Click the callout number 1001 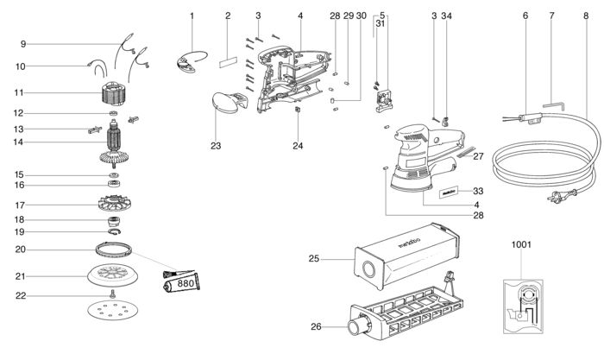point(521,244)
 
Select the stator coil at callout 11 point(113,93)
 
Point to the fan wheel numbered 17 point(115,203)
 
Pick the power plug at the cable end point(562,194)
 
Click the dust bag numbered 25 point(406,256)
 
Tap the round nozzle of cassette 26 point(358,326)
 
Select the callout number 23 point(216,146)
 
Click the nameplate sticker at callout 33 point(448,192)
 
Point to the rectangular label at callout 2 point(228,62)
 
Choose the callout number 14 point(18,142)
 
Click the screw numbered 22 point(113,294)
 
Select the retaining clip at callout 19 point(115,231)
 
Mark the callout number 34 point(446,16)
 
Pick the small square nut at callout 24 point(298,110)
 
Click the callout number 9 point(23,44)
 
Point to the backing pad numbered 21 point(113,275)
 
